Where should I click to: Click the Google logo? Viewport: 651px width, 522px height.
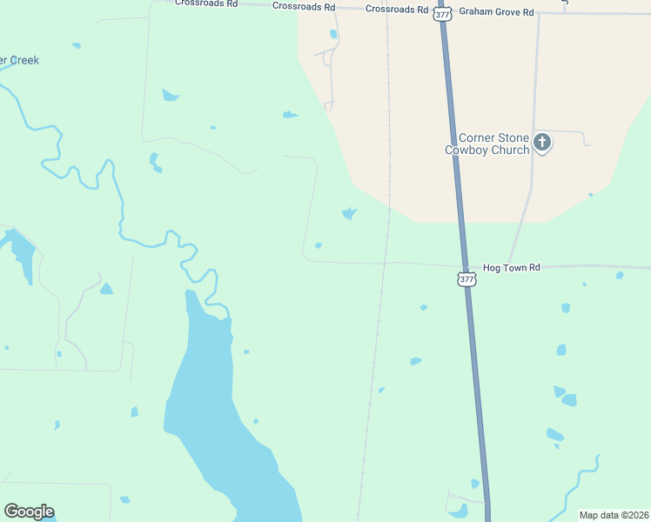click(29, 512)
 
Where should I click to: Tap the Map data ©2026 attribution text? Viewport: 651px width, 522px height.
click(614, 515)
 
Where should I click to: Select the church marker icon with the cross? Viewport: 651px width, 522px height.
click(543, 143)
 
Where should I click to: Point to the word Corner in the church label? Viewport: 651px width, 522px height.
click(477, 138)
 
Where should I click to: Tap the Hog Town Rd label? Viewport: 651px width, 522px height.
click(512, 267)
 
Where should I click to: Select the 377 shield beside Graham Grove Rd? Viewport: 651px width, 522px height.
click(443, 14)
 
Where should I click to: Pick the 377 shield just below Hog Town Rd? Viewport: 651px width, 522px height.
click(466, 279)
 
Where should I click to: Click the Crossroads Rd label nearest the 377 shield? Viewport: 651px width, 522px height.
click(398, 10)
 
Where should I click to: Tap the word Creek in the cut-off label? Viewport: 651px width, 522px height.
click(23, 61)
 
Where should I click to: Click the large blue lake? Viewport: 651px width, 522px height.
click(209, 409)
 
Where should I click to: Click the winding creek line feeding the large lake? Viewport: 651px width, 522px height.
click(122, 217)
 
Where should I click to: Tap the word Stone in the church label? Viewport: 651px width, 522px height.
click(513, 138)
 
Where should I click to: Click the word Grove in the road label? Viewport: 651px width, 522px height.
click(503, 12)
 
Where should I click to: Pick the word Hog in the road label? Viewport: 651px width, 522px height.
click(493, 267)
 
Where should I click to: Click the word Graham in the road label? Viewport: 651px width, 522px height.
click(473, 12)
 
